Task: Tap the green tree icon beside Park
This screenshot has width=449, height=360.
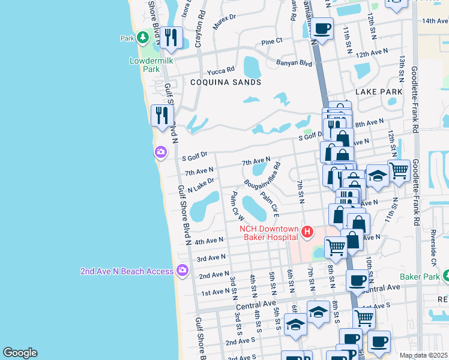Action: pyautogui.click(x=142, y=38)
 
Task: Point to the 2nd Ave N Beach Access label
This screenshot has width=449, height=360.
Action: pyautogui.click(x=127, y=271)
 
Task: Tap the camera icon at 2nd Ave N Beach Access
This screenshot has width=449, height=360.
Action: pyautogui.click(x=182, y=271)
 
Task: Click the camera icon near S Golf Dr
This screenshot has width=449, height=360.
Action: pyautogui.click(x=160, y=152)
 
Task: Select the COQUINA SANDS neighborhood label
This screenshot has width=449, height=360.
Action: pyautogui.click(x=226, y=82)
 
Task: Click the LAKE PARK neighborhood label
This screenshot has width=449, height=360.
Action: pyautogui.click(x=379, y=92)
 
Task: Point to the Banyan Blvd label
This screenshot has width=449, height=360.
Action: pyautogui.click(x=294, y=62)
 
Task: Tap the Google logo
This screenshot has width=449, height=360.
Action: pyautogui.click(x=20, y=353)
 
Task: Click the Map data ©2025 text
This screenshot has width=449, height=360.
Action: pyautogui.click(x=423, y=355)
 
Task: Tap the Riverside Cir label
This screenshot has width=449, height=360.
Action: pyautogui.click(x=433, y=247)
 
